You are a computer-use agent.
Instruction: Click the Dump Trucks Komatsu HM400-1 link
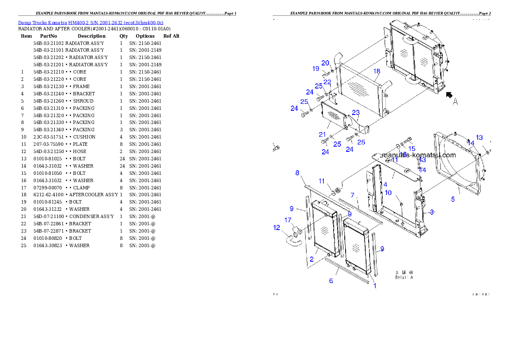90,23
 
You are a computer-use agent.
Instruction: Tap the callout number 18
376,71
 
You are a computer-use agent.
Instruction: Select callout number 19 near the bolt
316,69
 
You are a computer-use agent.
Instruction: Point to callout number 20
325,63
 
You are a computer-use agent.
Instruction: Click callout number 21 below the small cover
322,134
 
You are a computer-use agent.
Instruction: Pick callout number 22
327,82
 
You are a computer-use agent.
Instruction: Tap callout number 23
356,113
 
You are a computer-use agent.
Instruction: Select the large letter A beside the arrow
456,102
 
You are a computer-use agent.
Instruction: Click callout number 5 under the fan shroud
453,199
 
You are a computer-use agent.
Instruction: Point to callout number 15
412,148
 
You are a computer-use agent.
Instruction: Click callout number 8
297,173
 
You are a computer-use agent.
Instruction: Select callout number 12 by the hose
277,228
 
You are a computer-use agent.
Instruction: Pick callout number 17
288,220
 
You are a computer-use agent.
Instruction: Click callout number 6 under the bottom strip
331,281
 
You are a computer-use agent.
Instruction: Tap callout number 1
375,286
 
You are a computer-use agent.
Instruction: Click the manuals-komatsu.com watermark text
418,155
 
